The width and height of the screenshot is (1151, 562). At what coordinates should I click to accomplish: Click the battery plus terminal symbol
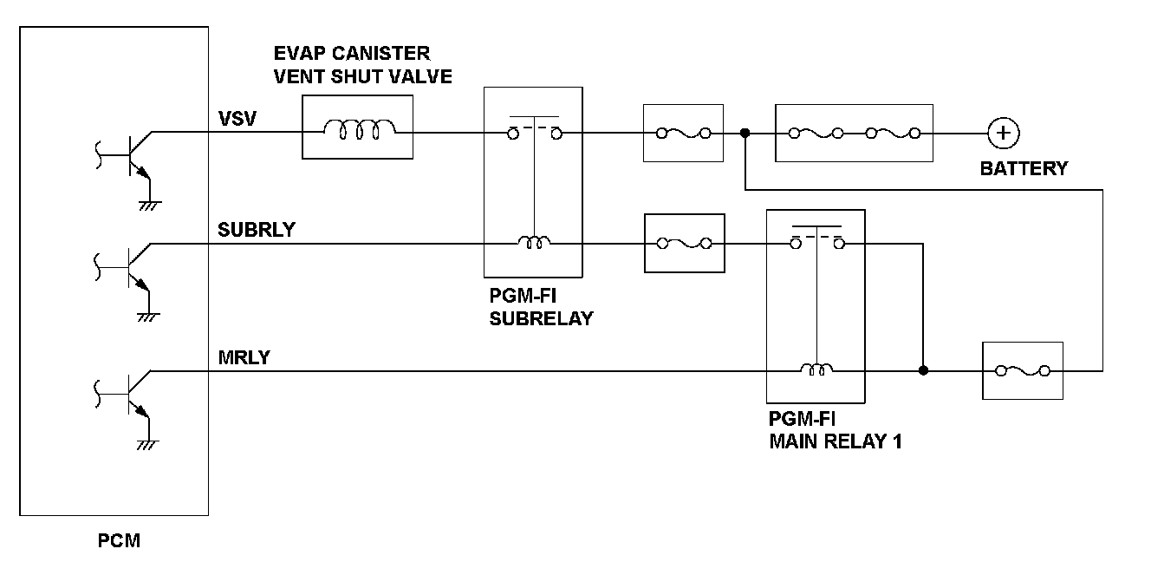[1003, 134]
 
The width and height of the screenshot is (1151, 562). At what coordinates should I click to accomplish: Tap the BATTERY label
[1024, 168]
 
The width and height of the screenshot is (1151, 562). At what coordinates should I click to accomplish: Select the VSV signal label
[237, 119]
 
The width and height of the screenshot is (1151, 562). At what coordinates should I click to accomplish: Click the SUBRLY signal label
[257, 229]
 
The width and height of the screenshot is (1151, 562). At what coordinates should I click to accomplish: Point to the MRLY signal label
[244, 357]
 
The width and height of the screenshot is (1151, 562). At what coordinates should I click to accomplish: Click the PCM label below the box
[119, 540]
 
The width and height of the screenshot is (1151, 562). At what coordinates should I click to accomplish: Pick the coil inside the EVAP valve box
[360, 129]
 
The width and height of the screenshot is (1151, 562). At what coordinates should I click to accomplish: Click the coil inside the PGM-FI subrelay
[534, 242]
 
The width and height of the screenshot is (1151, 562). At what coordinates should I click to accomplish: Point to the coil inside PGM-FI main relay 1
[816, 369]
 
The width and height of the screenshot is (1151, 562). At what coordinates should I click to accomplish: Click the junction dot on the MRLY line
[923, 370]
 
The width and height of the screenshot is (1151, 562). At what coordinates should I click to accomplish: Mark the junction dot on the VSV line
[745, 134]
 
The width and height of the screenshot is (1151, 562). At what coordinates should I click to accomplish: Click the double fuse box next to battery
[854, 134]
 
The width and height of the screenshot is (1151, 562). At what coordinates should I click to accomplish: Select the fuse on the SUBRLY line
[685, 243]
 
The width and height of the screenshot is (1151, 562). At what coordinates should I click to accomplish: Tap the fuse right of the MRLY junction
[1023, 370]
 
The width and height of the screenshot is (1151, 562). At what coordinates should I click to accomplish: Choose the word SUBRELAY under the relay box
[541, 319]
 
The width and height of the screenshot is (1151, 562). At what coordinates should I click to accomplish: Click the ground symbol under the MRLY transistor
[148, 445]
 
